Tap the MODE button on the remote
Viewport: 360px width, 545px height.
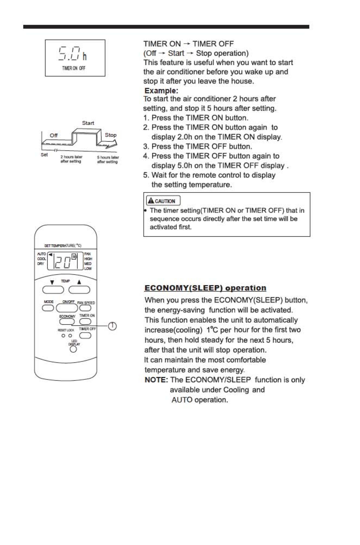click(48, 308)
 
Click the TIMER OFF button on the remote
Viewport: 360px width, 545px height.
click(85, 335)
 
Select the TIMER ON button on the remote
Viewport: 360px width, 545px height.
click(85, 321)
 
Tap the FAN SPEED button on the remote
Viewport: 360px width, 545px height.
click(85, 308)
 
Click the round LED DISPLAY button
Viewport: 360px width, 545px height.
click(73, 349)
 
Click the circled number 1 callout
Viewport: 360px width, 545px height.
click(112, 326)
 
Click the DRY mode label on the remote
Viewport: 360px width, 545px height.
click(41, 264)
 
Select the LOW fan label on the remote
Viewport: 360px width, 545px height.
click(88, 269)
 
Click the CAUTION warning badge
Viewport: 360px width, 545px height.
click(163, 201)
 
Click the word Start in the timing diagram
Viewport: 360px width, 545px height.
click(88, 123)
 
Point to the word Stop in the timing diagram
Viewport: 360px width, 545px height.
click(110, 135)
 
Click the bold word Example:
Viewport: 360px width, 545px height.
click(161, 90)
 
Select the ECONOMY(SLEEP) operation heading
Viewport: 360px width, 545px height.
click(205, 288)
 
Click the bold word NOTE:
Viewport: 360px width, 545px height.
click(156, 380)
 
